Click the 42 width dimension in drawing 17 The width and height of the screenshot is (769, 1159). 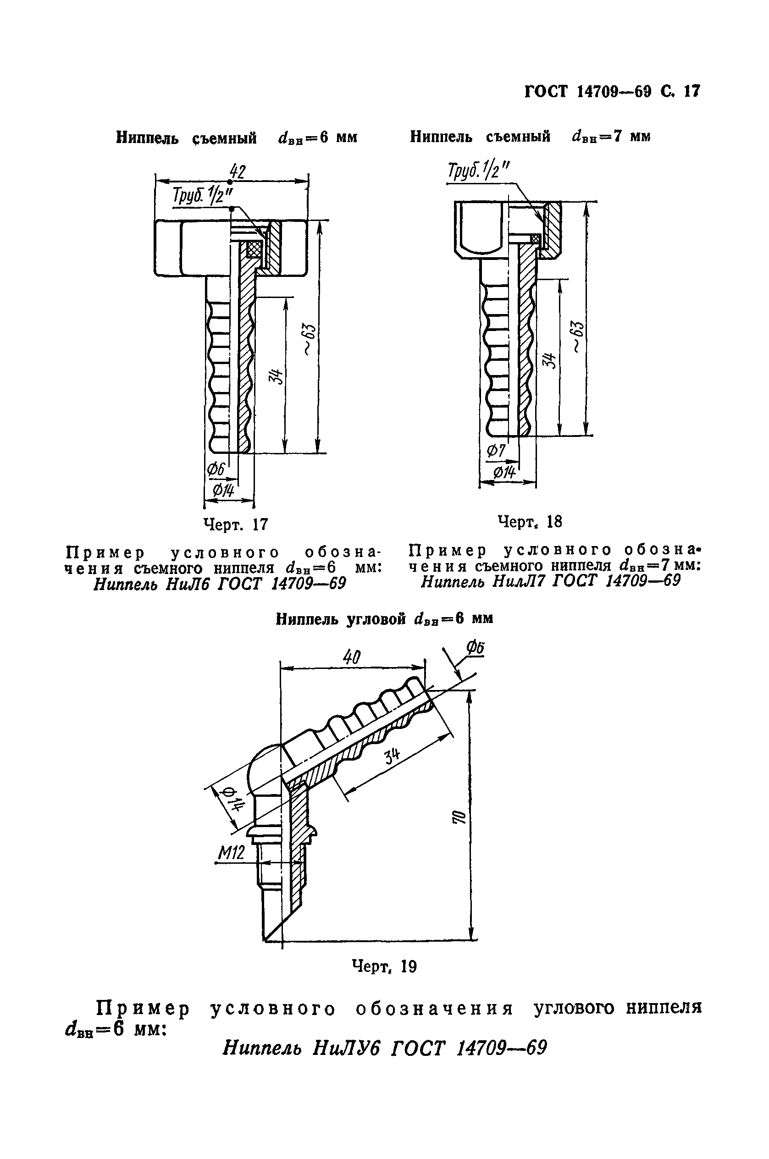tap(238, 172)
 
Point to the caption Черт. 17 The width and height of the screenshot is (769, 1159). tap(236, 524)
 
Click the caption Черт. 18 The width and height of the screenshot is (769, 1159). tap(529, 521)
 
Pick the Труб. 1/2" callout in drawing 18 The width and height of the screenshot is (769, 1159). tap(478, 172)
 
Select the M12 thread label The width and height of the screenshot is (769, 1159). tap(231, 854)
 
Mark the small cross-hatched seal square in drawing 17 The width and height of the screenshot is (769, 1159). tap(254, 249)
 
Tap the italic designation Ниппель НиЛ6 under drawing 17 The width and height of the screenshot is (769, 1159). tap(220, 584)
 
